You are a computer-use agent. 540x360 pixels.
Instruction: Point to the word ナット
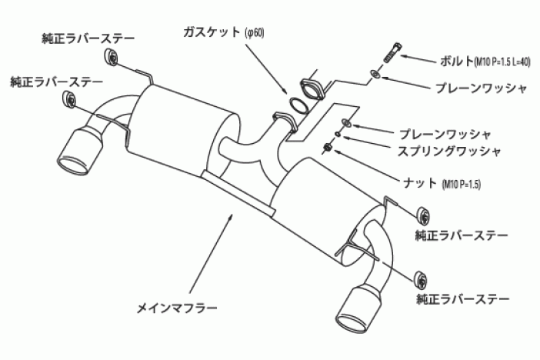(x=422, y=184)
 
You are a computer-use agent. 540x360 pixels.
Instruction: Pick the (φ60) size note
(x=255, y=34)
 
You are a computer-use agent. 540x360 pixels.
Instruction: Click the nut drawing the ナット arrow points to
(x=328, y=147)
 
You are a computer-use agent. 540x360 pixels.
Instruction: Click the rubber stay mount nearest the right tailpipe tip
(x=420, y=278)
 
